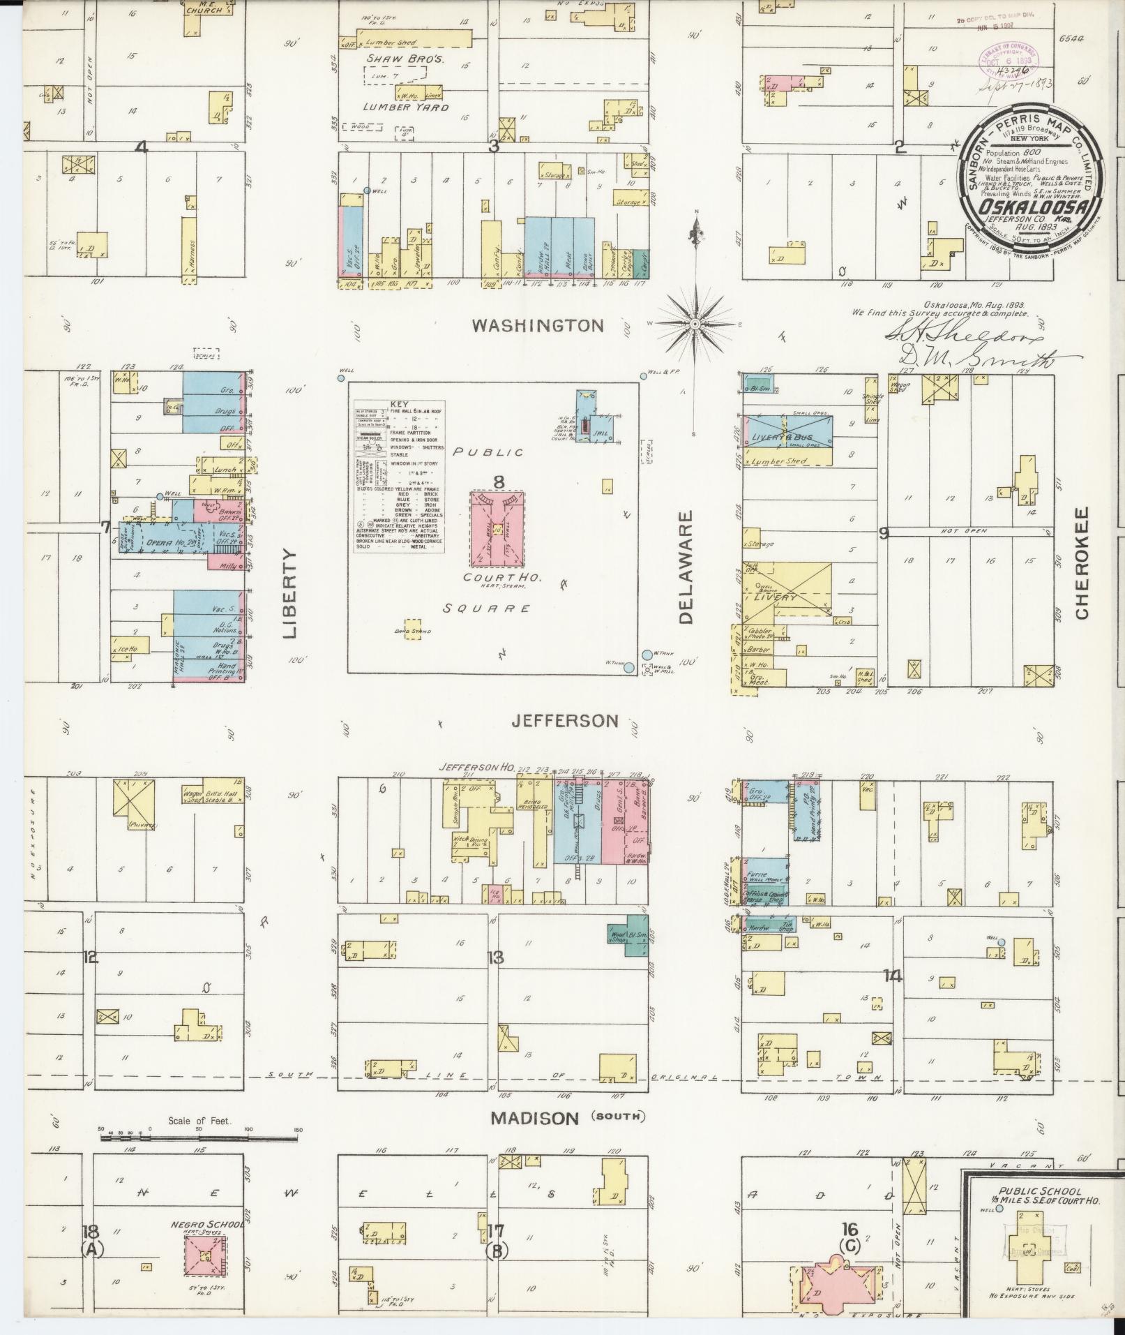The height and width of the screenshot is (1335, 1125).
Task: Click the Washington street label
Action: [537, 325]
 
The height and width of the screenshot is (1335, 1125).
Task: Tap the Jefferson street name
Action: [565, 721]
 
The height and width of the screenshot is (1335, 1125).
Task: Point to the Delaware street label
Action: [686, 569]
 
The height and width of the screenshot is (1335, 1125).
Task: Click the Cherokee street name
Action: [1082, 562]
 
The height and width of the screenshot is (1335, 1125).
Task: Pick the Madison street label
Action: [534, 1118]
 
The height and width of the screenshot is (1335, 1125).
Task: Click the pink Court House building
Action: [498, 530]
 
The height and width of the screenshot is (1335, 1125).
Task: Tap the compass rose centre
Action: [695, 325]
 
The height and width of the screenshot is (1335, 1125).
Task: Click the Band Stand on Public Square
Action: [414, 625]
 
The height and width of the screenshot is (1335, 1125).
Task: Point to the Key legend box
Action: [400, 477]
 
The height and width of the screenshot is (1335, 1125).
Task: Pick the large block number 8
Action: [498, 482]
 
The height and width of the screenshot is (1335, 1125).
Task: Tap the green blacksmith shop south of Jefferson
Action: [634, 936]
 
